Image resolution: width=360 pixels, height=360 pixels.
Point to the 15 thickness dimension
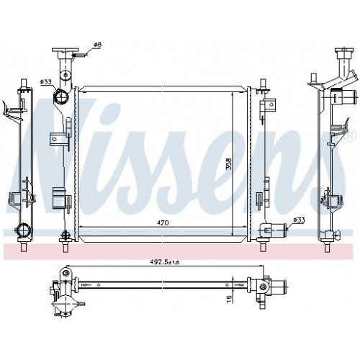click(230, 297)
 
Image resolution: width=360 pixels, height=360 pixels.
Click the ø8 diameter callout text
click(98, 45)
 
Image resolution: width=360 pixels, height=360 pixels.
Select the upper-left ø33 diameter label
click(45, 82)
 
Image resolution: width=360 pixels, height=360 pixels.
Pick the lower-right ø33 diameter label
click(299, 220)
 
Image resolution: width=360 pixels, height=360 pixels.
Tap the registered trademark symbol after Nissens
click(351, 135)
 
